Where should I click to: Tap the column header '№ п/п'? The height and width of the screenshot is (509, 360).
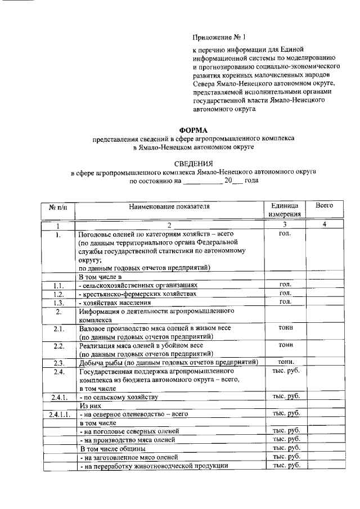click(x=58, y=206)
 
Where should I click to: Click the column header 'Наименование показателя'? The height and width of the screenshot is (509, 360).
click(x=169, y=206)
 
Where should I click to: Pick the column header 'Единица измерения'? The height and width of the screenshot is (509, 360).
click(x=284, y=210)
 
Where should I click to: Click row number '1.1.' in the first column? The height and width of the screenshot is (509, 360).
click(x=58, y=285)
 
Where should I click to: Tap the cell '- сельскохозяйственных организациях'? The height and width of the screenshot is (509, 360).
click(x=138, y=285)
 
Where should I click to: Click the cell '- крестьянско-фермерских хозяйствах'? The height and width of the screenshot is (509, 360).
click(x=138, y=294)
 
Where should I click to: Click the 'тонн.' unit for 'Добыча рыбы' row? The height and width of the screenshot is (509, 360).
click(x=284, y=362)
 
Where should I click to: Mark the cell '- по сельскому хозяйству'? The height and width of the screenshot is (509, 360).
click(x=119, y=397)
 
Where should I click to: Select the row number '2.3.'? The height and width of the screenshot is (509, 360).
click(x=58, y=363)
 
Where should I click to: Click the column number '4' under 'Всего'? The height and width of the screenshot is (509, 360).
click(x=325, y=225)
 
